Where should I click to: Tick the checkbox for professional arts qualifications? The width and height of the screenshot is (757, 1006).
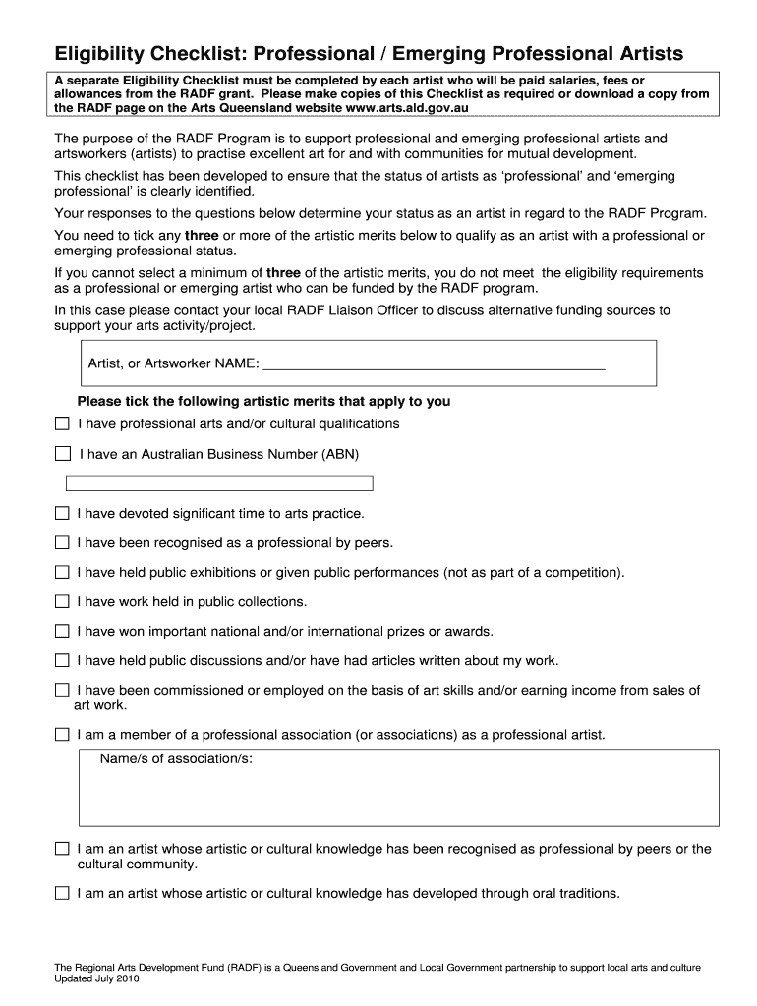pos(62,424)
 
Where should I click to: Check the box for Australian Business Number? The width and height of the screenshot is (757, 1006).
pos(63,454)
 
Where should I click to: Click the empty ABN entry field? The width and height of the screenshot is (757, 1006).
pos(219,483)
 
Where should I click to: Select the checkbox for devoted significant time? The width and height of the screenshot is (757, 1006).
pos(62,513)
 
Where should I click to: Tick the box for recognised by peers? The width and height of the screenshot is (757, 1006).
pos(62,542)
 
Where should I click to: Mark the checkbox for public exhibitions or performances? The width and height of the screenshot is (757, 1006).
pos(62,572)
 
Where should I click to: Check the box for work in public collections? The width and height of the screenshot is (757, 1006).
pos(62,601)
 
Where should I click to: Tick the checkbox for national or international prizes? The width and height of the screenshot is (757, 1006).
pos(62,631)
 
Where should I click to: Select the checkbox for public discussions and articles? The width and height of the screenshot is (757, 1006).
pos(62,660)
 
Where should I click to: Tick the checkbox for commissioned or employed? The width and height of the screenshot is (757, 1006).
pos(62,691)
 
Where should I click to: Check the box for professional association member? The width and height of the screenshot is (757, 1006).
pos(62,735)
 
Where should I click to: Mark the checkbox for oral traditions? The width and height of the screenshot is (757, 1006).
pos(62,893)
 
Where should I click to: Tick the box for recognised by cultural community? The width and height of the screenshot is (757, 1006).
pos(62,849)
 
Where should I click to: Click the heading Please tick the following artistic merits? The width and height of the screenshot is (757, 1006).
pos(263,401)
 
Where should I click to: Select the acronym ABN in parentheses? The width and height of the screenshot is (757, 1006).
pos(337,454)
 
